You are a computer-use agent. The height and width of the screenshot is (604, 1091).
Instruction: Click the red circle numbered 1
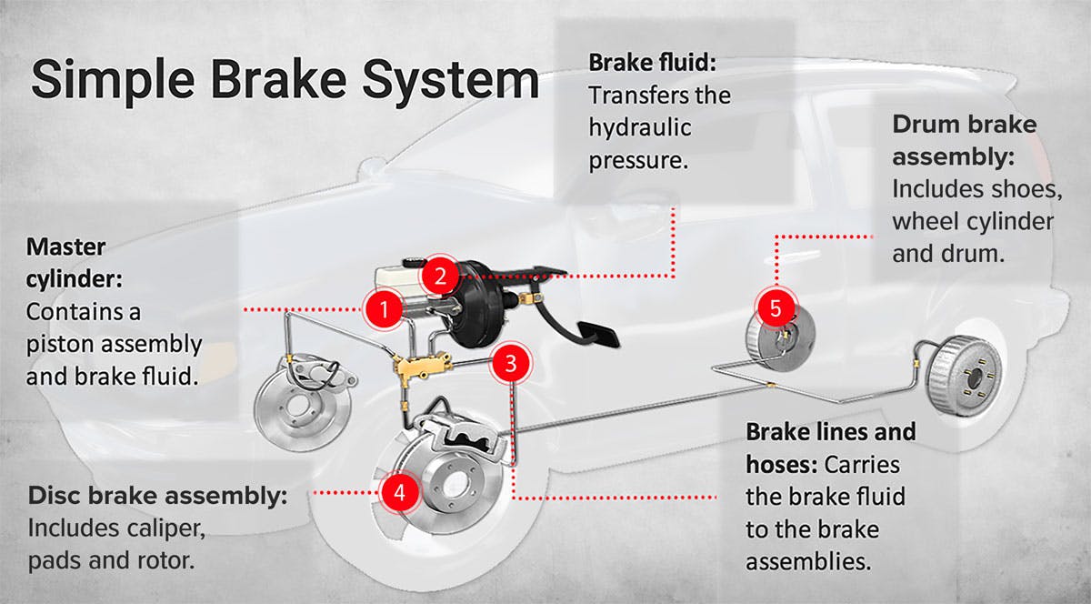384,309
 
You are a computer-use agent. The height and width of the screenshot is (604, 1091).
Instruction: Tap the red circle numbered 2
439,276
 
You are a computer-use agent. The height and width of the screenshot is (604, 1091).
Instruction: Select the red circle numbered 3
511,364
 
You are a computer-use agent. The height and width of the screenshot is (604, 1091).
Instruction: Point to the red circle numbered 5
775,307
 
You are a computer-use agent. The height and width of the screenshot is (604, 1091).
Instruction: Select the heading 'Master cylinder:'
66,260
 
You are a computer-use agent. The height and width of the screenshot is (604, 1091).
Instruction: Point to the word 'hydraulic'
639,126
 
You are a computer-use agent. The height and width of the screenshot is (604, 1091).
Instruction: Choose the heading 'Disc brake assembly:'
157,497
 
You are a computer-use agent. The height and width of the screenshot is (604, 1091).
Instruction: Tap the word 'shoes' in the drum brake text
1019,189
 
